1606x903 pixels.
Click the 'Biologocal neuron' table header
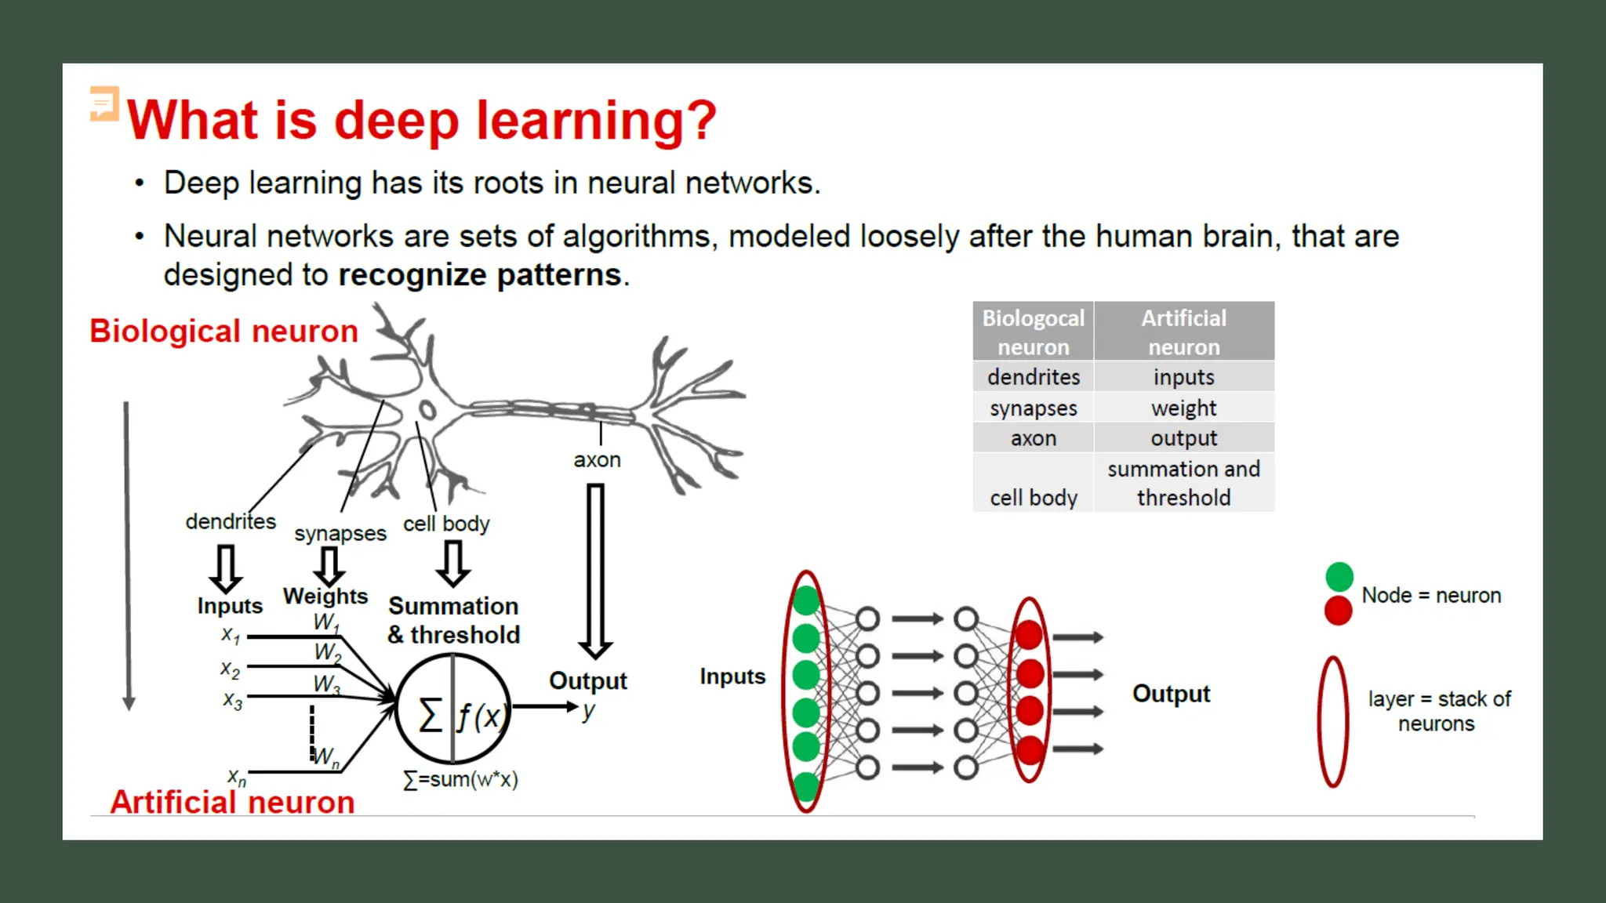(x=1033, y=332)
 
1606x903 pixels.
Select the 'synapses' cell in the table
(x=1033, y=408)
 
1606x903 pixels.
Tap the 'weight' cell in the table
(x=1183, y=408)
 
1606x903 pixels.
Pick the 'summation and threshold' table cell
(x=1183, y=483)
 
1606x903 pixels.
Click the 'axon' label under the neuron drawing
(x=597, y=459)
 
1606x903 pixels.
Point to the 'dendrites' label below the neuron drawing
(x=231, y=521)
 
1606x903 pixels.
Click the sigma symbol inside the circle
(x=430, y=715)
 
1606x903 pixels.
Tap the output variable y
(x=588, y=711)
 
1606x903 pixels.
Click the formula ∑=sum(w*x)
(x=460, y=779)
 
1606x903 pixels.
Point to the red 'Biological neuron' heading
(x=223, y=332)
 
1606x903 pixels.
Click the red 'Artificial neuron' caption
(x=232, y=802)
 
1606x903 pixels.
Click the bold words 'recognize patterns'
(x=480, y=275)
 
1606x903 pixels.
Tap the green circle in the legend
(x=1339, y=577)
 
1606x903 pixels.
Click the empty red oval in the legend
(x=1332, y=721)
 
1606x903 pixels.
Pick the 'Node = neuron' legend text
(x=1431, y=595)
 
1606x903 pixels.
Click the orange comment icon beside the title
(x=104, y=103)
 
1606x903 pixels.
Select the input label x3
(x=232, y=700)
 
